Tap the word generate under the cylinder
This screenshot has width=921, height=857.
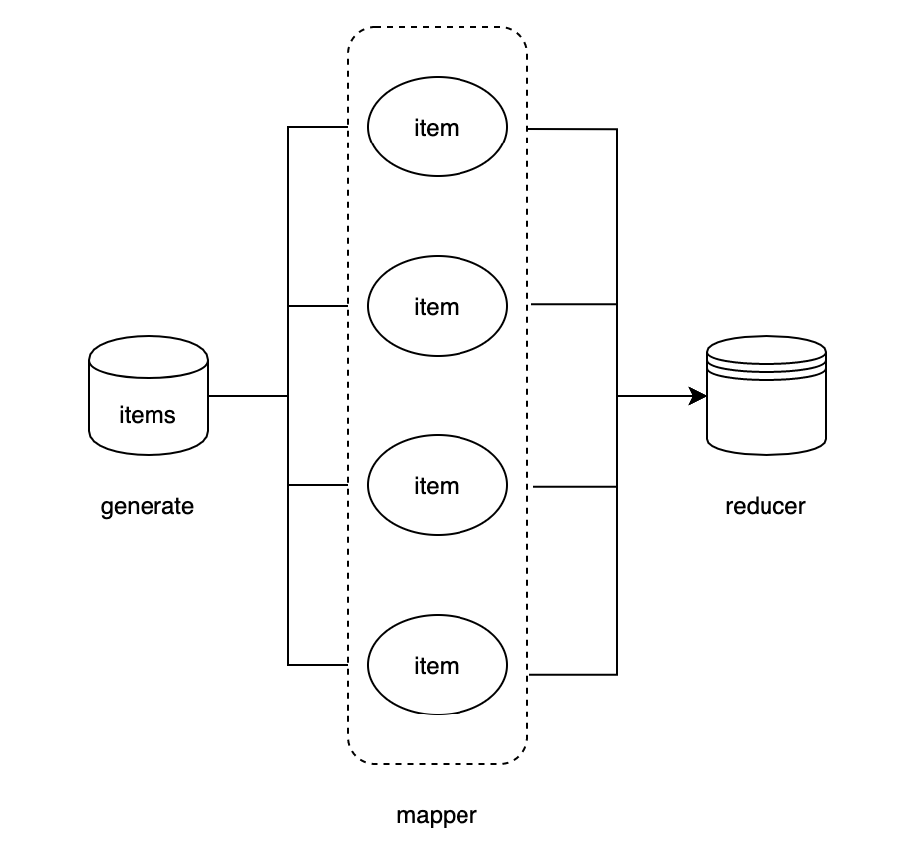(148, 506)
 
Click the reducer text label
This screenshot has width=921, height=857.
(766, 506)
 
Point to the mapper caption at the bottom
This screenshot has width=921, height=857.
(437, 815)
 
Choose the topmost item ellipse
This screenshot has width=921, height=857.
(438, 127)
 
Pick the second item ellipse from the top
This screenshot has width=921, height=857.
(438, 306)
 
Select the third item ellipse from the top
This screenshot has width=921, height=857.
(438, 485)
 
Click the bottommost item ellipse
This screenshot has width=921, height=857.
(438, 665)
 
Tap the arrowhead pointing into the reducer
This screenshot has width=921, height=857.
(699, 396)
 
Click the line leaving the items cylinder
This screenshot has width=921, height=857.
(248, 396)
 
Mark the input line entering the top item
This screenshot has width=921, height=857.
(317, 128)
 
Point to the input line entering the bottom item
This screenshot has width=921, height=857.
(317, 664)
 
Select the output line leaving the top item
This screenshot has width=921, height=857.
(572, 129)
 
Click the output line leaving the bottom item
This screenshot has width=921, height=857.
(573, 675)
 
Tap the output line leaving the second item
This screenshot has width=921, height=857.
(574, 304)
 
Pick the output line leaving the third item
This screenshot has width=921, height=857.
(575, 486)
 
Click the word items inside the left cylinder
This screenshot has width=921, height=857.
(149, 414)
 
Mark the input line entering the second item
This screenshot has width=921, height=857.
(317, 306)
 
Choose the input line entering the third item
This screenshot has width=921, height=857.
(317, 485)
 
